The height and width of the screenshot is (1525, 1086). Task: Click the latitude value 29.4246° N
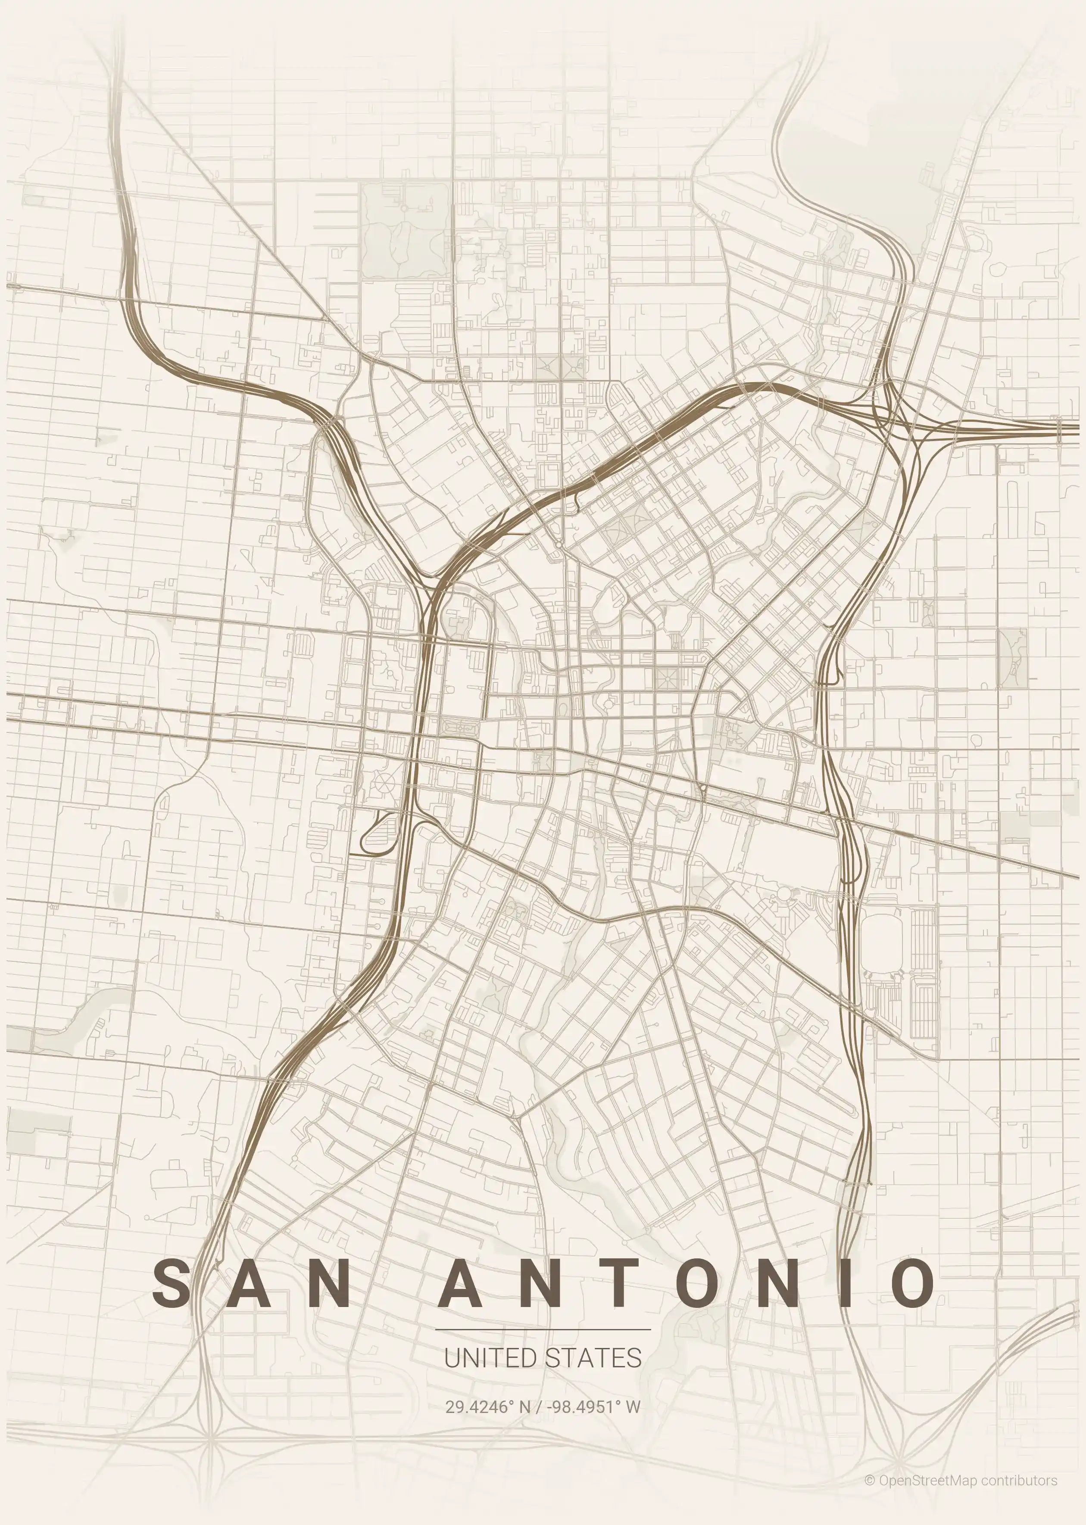pyautogui.click(x=487, y=1407)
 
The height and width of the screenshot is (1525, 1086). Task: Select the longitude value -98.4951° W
pyautogui.click(x=593, y=1407)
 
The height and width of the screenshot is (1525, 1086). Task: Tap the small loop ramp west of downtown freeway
pyautogui.click(x=378, y=835)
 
